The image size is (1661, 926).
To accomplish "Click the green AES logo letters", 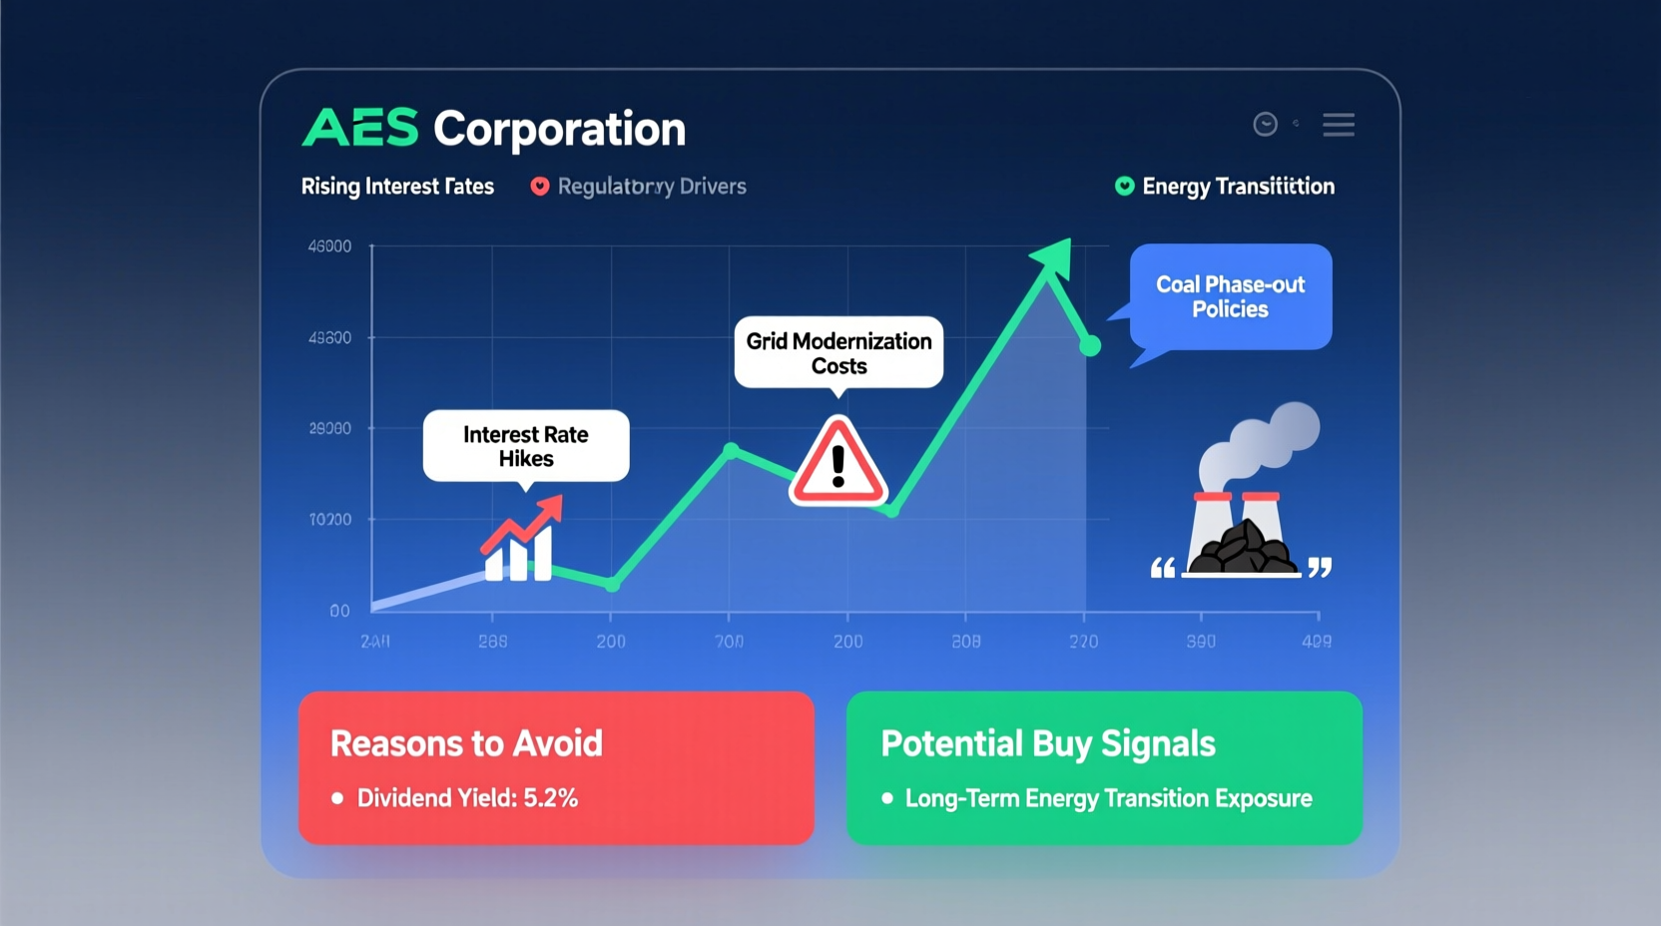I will click(360, 129).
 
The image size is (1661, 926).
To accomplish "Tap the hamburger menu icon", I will click(1339, 125).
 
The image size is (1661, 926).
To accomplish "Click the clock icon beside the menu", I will click(1265, 124).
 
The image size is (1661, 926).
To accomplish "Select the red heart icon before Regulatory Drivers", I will click(540, 187).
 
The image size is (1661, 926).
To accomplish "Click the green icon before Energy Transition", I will click(1124, 187).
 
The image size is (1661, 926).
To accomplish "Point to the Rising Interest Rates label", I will click(397, 187).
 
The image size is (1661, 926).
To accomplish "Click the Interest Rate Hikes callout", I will click(526, 446).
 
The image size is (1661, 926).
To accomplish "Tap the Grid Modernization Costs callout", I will click(838, 352).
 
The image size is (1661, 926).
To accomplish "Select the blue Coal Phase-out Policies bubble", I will click(1230, 296).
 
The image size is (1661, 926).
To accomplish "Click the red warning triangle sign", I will click(837, 464).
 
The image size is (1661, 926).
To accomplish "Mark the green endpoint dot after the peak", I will click(1090, 346).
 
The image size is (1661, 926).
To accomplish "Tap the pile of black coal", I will click(1244, 549).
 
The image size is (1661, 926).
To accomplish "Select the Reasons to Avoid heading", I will click(466, 743).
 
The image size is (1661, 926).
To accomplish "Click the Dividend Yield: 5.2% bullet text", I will click(467, 798).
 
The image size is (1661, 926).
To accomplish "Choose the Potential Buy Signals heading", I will click(1047, 743).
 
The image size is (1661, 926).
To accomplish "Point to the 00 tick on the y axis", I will click(339, 611).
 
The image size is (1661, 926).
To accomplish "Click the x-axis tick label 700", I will click(729, 642).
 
